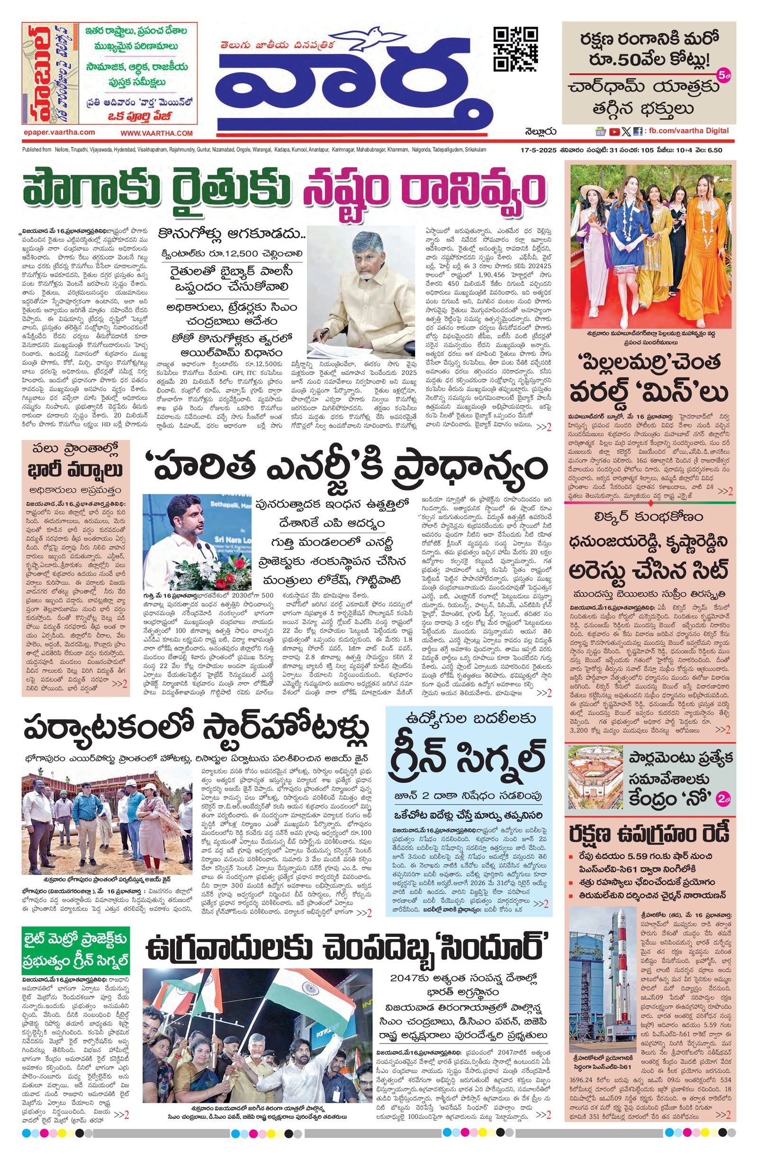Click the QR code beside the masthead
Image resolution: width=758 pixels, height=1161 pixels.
(x=516, y=49)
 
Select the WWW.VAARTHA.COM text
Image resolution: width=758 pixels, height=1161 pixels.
(x=157, y=133)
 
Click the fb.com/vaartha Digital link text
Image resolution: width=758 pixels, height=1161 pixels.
(x=688, y=131)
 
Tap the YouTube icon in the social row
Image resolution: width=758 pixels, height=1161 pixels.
(x=614, y=131)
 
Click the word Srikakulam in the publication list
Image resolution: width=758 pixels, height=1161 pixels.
(x=473, y=150)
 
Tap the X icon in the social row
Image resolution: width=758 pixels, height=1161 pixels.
(x=626, y=131)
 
